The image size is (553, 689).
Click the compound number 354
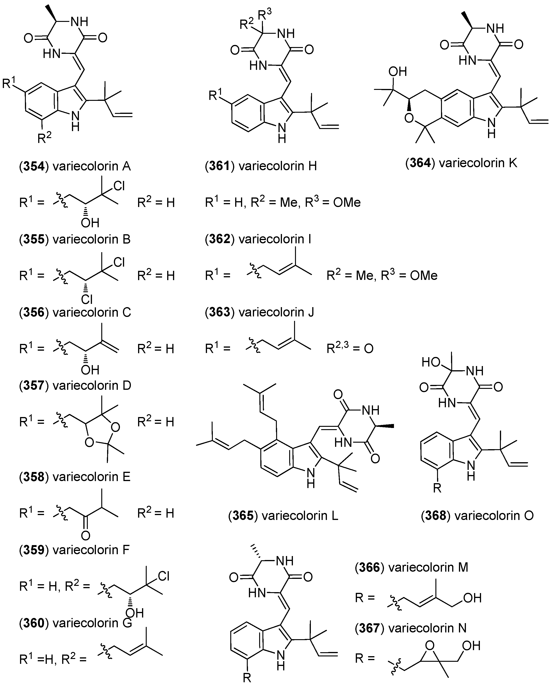(x=34, y=166)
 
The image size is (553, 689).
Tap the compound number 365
(x=243, y=516)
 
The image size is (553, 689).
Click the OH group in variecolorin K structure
(x=397, y=71)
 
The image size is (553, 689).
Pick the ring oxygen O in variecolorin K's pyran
(x=409, y=119)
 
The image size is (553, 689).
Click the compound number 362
(x=220, y=239)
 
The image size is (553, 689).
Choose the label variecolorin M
(x=428, y=567)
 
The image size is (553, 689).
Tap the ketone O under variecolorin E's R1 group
(x=85, y=535)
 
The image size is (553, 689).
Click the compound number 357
(x=34, y=385)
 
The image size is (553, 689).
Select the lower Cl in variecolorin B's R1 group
(x=87, y=299)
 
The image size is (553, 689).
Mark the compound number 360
(x=34, y=623)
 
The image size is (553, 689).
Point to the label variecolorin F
(x=91, y=550)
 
